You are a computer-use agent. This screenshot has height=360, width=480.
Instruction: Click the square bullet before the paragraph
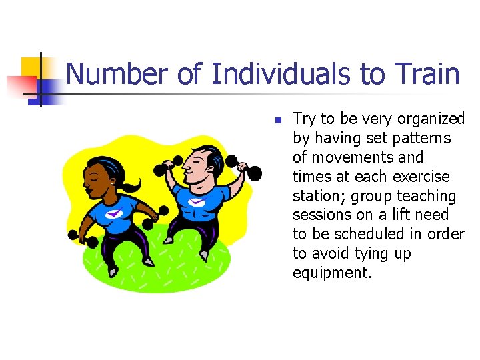(x=279, y=121)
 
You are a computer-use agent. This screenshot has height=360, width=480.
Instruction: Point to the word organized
(x=431, y=119)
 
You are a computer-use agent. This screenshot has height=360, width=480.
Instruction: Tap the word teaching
(x=427, y=197)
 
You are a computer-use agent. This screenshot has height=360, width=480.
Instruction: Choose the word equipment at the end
(x=331, y=273)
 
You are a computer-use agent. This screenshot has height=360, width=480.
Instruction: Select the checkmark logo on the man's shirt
(x=196, y=201)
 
